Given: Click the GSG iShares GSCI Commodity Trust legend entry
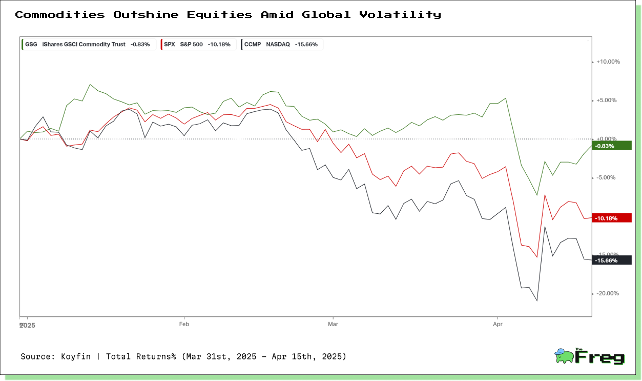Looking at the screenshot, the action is (x=89, y=45).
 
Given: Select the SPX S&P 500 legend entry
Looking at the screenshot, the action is (x=198, y=45).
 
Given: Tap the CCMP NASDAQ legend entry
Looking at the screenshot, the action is (x=282, y=45).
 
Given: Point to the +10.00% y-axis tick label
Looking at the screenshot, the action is (x=608, y=62).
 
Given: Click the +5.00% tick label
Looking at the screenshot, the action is (x=607, y=101).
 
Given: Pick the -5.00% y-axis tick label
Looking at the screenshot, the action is (x=606, y=177).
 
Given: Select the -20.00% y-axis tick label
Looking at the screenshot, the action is (x=608, y=293).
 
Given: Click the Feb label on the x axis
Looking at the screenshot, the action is (x=184, y=324).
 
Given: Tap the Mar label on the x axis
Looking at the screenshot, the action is (x=333, y=324).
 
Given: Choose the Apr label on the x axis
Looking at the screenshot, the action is (x=498, y=324).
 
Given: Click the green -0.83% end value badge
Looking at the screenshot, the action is (x=612, y=146).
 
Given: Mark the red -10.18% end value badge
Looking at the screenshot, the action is (x=612, y=218).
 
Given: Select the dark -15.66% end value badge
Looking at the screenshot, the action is (x=612, y=260).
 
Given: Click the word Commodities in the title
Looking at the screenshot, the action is (x=60, y=14).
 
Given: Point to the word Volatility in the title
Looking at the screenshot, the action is (x=400, y=15).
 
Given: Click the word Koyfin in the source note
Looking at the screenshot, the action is (x=76, y=356).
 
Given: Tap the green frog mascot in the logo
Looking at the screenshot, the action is (x=564, y=356).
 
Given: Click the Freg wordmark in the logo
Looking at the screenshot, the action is (x=599, y=356).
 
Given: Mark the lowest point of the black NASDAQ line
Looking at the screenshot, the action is (x=537, y=301).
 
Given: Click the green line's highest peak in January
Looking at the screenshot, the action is (x=90, y=84).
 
